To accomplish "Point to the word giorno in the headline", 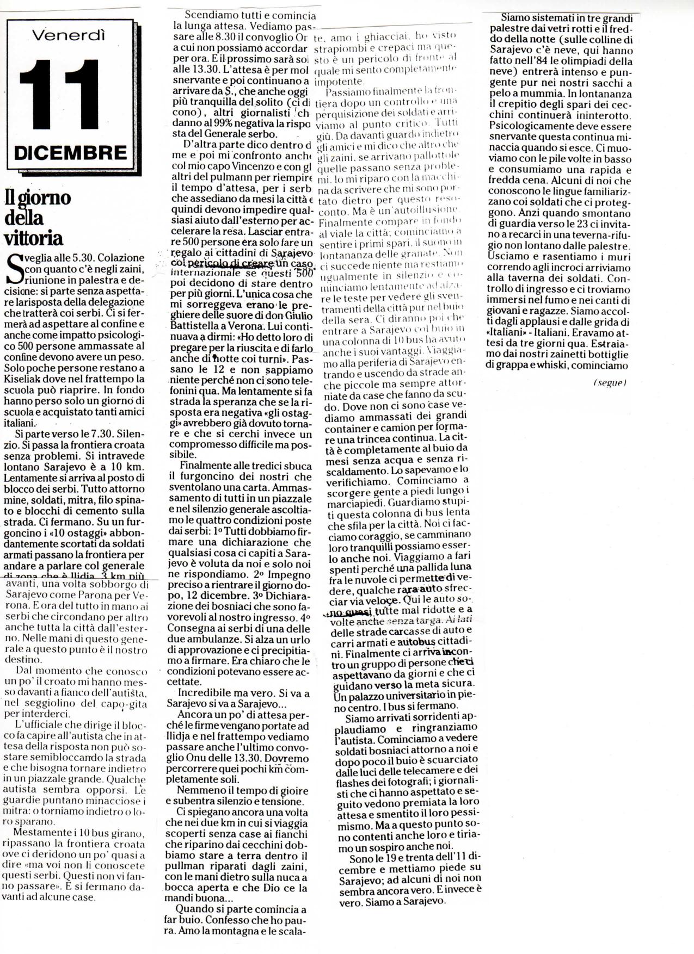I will [x=46, y=198].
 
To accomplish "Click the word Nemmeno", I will [x=201, y=790].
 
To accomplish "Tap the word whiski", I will [x=563, y=366].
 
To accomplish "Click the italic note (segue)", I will [x=610, y=382].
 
